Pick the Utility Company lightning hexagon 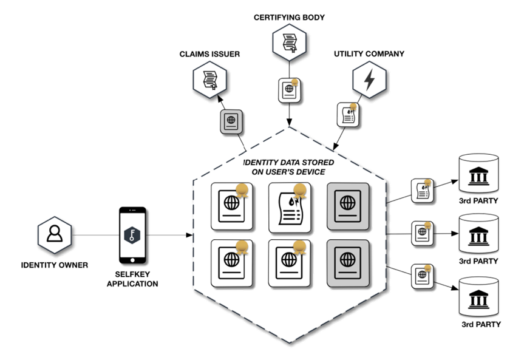point(368,78)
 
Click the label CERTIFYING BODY point(288,17)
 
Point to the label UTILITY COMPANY point(369,53)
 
